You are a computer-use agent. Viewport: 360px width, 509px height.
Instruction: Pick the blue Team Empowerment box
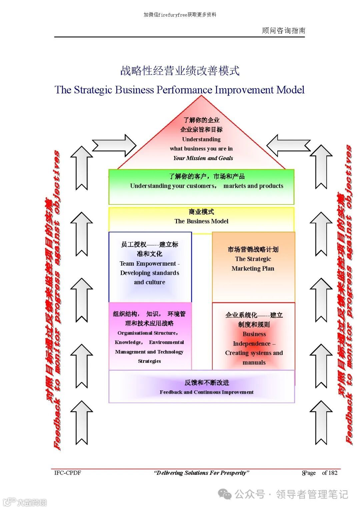pos(150,267)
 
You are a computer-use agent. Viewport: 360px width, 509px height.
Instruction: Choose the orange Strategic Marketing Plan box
pos(253,267)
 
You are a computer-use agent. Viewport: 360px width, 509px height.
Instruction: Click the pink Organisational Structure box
pos(150,337)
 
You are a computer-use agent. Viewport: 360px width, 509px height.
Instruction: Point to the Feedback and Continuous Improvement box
pos(202,387)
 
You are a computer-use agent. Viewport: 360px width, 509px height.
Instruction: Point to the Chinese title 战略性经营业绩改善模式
pos(180,71)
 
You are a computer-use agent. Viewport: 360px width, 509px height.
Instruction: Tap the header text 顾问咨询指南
pos(283,31)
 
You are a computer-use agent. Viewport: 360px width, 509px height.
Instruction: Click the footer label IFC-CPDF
pos(68,473)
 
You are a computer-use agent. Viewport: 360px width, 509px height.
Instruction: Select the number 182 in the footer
pos(333,473)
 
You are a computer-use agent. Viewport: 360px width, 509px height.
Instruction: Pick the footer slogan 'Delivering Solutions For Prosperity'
pos(201,473)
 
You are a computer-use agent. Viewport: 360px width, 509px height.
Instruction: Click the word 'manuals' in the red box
pos(254,362)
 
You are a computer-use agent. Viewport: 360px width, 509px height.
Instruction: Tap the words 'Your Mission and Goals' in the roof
pos(203,158)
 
